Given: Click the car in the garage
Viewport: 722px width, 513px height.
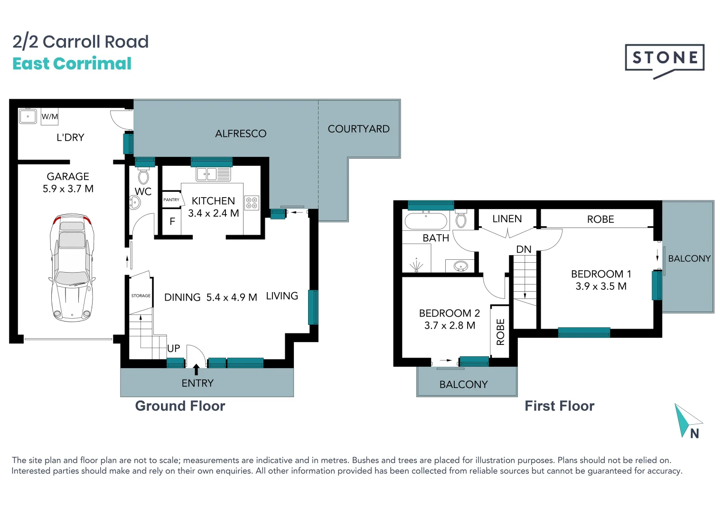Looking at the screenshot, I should [72, 267].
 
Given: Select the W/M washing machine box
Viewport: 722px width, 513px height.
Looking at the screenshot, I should [49, 116].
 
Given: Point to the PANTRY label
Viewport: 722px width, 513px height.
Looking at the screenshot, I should [171, 200].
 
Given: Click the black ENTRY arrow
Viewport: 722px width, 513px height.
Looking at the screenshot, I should [196, 370].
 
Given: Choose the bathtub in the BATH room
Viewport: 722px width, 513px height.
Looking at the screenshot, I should [426, 221].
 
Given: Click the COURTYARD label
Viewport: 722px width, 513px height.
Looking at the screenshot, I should [358, 129].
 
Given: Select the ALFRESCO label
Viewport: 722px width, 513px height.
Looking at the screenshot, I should [241, 134].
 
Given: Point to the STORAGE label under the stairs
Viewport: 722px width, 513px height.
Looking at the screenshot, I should [141, 295].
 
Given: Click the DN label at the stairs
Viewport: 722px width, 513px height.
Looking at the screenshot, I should [524, 249].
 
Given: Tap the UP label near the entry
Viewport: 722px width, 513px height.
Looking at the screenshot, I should [173, 348].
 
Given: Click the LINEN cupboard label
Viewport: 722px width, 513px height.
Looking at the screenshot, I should [507, 219].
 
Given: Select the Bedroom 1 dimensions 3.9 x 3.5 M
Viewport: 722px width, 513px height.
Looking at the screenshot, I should [601, 286].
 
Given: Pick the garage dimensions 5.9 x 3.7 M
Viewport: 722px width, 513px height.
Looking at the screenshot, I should [68, 189].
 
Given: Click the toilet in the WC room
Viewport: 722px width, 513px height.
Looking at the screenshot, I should [143, 177].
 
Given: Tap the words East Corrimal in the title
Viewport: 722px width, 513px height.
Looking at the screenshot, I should [72, 64].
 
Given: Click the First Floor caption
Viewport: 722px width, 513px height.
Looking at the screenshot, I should [559, 406].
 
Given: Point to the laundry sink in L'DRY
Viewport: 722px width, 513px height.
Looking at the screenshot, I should [28, 116].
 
